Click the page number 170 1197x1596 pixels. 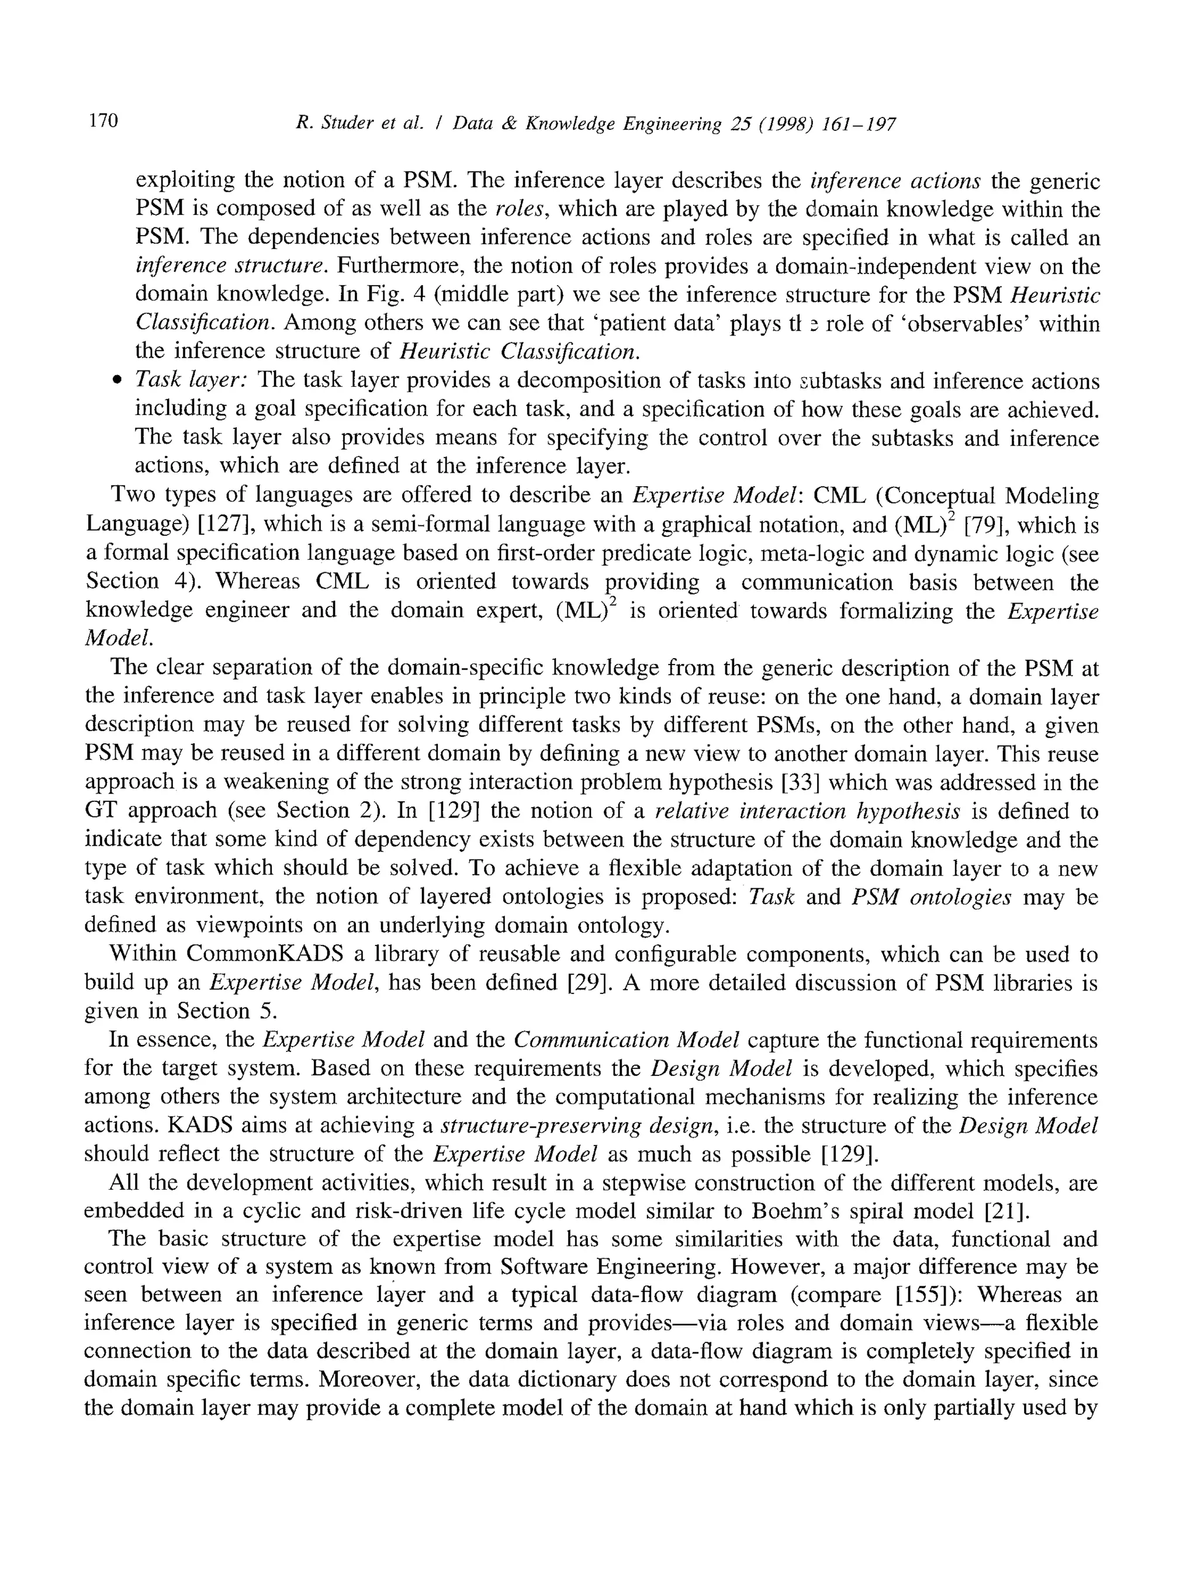pyautogui.click(x=103, y=120)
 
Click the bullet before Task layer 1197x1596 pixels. pyautogui.click(x=117, y=381)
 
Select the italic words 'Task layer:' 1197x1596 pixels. pyautogui.click(x=191, y=380)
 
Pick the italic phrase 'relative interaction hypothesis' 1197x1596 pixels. pyautogui.click(x=807, y=811)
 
